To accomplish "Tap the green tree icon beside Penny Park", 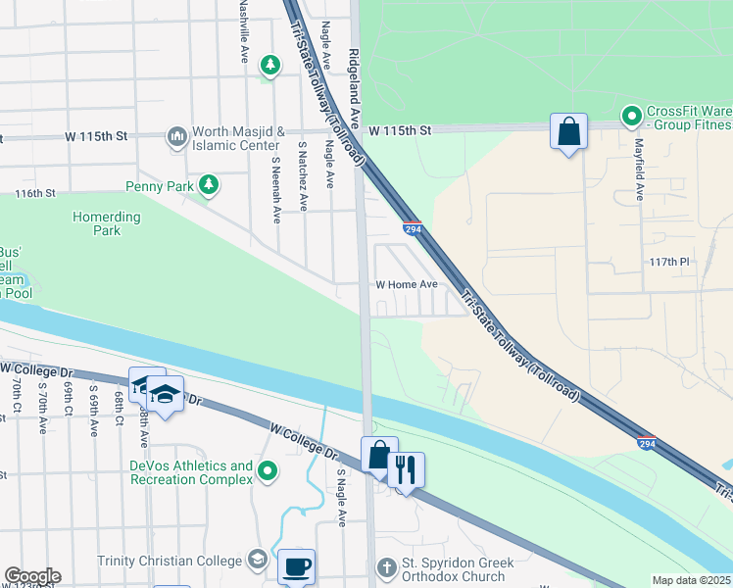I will [x=208, y=184].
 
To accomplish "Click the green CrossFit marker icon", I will [x=632, y=117].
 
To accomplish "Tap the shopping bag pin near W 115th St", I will [x=568, y=131].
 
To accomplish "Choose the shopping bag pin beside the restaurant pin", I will [x=379, y=455].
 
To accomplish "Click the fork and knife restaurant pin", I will [x=406, y=469].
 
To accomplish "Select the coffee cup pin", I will [x=296, y=565].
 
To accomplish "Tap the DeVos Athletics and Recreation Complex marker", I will [x=268, y=473].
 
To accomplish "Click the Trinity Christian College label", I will [x=169, y=561].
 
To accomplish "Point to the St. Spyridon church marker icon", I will [x=388, y=567].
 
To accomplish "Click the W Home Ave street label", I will [x=407, y=285].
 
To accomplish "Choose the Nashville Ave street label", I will [x=244, y=32].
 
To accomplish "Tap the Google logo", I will [x=32, y=576].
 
